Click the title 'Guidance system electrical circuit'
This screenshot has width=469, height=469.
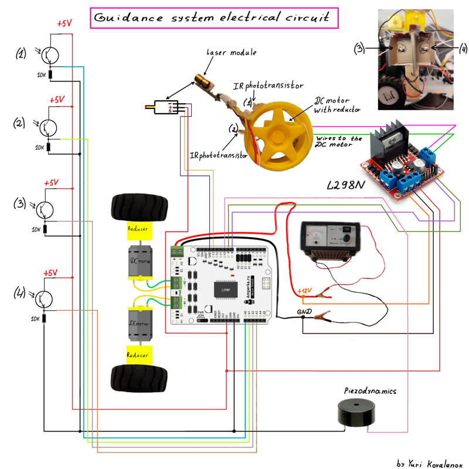[x=215, y=18]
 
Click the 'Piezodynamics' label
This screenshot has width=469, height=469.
[x=371, y=390]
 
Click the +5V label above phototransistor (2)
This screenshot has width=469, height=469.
[x=57, y=100]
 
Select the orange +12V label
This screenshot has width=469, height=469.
[x=305, y=291]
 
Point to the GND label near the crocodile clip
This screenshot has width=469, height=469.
[x=304, y=311]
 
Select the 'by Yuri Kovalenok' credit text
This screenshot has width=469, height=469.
[x=430, y=463]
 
